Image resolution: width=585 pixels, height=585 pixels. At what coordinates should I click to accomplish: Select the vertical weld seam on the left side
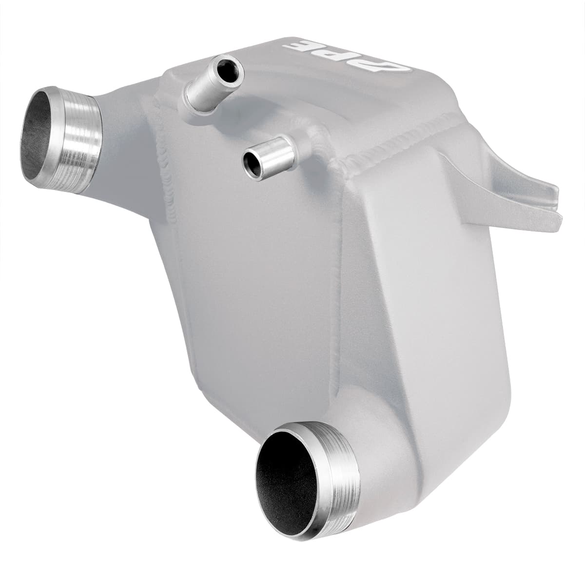pyautogui.click(x=163, y=161)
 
